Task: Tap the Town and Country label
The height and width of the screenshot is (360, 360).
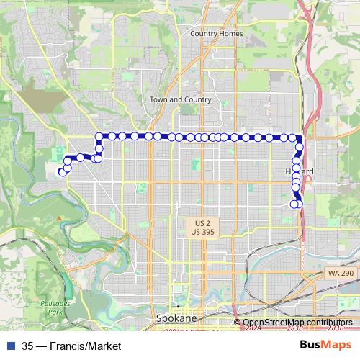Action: [x=180, y=99]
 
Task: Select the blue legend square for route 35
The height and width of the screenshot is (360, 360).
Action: [x=11, y=345]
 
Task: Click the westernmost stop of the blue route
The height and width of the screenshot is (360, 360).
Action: [x=60, y=171]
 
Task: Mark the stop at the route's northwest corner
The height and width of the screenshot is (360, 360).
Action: [x=99, y=136]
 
